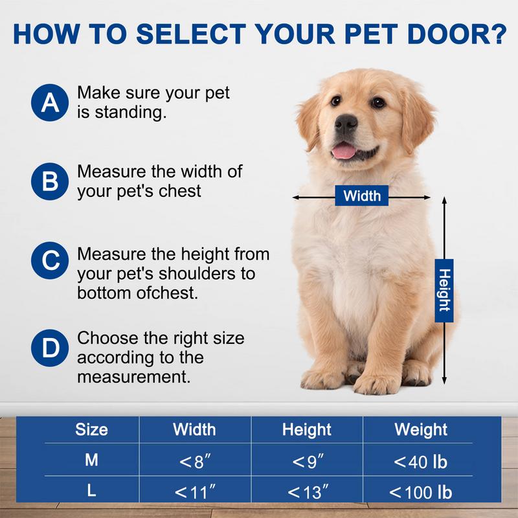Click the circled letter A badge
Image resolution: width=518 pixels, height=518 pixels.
pyautogui.click(x=49, y=103)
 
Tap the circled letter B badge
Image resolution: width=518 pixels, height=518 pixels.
pyautogui.click(x=49, y=181)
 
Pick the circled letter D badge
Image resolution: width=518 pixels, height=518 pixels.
pyautogui.click(x=49, y=348)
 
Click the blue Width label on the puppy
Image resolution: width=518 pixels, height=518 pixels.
pyautogui.click(x=361, y=196)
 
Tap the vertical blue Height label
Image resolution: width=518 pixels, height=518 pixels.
pyautogui.click(x=444, y=289)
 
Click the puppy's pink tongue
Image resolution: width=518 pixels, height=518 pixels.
pyautogui.click(x=344, y=152)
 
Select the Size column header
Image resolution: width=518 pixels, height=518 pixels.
pyautogui.click(x=91, y=429)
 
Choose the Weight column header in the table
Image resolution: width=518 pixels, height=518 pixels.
pyautogui.click(x=420, y=429)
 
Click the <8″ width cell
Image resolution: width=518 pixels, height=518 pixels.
pyautogui.click(x=194, y=462)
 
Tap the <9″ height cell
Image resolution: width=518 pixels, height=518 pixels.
pyautogui.click(x=308, y=462)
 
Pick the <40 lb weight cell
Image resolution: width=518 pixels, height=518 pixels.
pyautogui.click(x=420, y=462)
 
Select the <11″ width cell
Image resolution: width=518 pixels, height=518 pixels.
pyautogui.click(x=194, y=492)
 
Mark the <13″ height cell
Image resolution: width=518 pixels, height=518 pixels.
pyautogui.click(x=308, y=492)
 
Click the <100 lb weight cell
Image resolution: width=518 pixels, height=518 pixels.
pyautogui.click(x=420, y=492)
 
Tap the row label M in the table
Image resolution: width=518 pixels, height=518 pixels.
pyautogui.click(x=91, y=461)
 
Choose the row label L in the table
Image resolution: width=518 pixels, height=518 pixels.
pyautogui.click(x=91, y=491)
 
